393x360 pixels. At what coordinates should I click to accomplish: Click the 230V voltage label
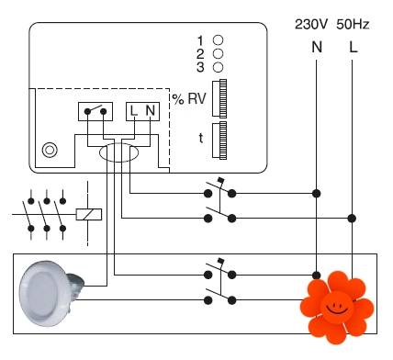tap(311, 24)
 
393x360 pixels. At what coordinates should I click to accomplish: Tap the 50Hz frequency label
tap(353, 24)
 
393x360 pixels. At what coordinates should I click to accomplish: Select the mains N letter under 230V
tap(317, 47)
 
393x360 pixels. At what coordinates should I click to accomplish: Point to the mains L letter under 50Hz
tap(354, 47)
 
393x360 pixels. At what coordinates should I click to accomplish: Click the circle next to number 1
tap(218, 40)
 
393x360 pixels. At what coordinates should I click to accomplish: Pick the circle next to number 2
tap(218, 53)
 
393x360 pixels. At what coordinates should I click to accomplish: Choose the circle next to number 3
tap(218, 67)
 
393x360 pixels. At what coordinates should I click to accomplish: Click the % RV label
tap(189, 98)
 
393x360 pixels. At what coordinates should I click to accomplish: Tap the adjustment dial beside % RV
tap(219, 98)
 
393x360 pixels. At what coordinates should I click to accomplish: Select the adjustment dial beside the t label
tap(219, 141)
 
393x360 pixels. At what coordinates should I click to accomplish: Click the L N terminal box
tap(142, 111)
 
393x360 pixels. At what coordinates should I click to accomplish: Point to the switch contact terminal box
tap(95, 111)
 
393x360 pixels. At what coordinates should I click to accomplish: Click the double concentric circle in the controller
tap(50, 150)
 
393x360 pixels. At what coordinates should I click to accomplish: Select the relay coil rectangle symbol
tap(89, 214)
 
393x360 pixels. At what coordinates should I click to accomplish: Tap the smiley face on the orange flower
tap(337, 307)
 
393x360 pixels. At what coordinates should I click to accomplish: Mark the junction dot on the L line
tap(352, 219)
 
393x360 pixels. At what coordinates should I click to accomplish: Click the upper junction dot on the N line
tap(317, 194)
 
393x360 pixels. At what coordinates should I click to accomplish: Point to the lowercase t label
tap(201, 138)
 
